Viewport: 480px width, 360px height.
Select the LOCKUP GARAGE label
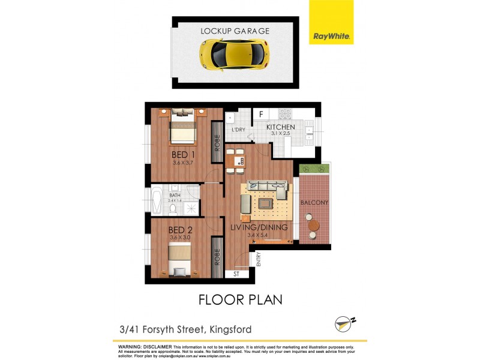click(x=235, y=31)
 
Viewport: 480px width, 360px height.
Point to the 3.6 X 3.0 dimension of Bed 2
click(x=179, y=238)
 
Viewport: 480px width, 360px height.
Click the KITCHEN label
click(x=281, y=128)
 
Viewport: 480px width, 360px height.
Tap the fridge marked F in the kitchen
click(x=261, y=113)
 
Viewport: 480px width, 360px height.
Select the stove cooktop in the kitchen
click(x=285, y=113)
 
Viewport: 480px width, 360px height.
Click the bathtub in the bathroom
click(x=157, y=202)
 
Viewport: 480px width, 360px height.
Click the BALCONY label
click(x=314, y=203)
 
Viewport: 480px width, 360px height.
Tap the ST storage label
click(x=236, y=275)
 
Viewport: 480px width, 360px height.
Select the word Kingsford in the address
click(x=229, y=329)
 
